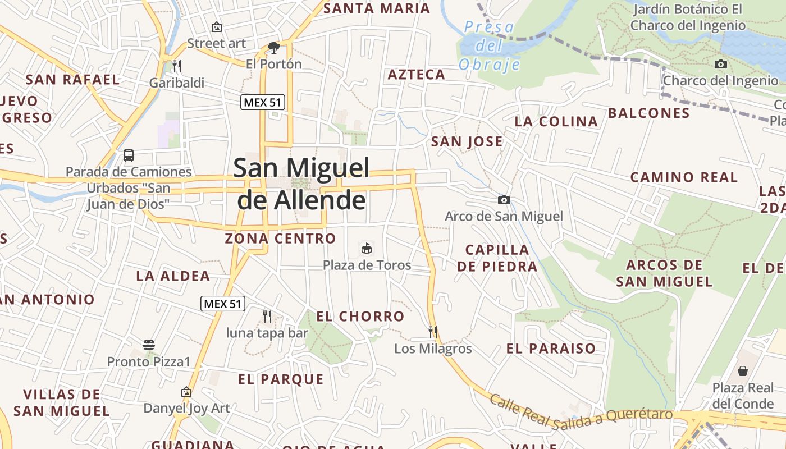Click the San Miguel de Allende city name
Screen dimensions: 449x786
[301, 184]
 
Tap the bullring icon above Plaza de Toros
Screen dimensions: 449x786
[367, 248]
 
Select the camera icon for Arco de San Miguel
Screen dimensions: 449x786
[504, 200]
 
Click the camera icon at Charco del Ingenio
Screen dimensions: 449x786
[721, 64]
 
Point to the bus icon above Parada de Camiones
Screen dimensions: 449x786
[129, 155]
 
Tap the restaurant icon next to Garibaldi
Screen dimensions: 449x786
[177, 66]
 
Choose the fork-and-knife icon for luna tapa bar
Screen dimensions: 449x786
[267, 317]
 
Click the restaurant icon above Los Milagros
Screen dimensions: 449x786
[433, 332]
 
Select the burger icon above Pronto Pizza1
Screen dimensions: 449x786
[149, 345]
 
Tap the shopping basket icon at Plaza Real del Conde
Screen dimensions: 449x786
[743, 371]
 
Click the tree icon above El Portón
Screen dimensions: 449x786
[274, 47]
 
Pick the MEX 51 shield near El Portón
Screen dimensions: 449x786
[263, 102]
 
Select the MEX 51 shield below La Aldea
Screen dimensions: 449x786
[223, 304]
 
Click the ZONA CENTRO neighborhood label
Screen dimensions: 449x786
[280, 239]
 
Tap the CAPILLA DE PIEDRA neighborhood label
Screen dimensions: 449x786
[497, 258]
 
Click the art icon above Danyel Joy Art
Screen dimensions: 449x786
[186, 392]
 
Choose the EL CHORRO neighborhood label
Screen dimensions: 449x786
[360, 317]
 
